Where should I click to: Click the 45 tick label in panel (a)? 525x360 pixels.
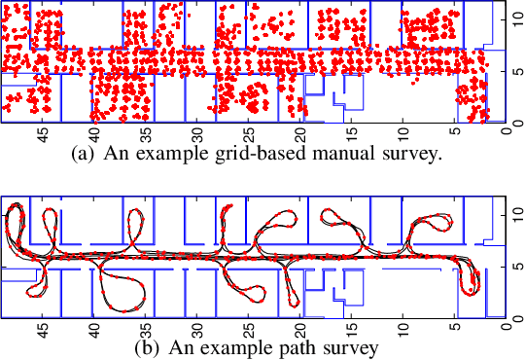(x=43, y=134)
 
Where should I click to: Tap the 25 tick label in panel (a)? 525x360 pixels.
(x=248, y=134)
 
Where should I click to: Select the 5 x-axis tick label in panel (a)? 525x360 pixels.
(x=454, y=134)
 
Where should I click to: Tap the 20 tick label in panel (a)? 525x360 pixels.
(x=299, y=134)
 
